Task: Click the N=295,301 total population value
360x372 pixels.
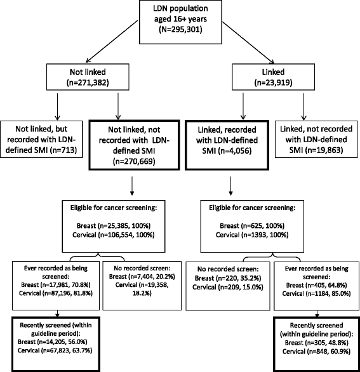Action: point(180,29)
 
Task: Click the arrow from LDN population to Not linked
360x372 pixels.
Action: point(112,41)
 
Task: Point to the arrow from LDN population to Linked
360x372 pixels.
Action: point(248,43)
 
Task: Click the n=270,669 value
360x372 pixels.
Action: point(134,161)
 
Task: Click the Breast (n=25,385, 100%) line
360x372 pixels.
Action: point(114,225)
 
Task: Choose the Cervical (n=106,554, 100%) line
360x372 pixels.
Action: point(114,235)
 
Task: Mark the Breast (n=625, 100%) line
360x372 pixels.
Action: point(252,225)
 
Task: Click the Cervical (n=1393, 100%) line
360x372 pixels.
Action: point(252,235)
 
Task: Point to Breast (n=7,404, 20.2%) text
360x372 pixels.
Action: point(142,277)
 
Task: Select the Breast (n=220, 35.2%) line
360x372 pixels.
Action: point(228,278)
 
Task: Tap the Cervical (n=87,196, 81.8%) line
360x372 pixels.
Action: point(56,293)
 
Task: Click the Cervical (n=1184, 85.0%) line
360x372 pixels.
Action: point(316,294)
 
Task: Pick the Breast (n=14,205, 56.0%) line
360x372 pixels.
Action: point(53,342)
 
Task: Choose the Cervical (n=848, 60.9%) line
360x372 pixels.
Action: point(316,351)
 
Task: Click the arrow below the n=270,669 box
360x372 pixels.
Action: point(132,186)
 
